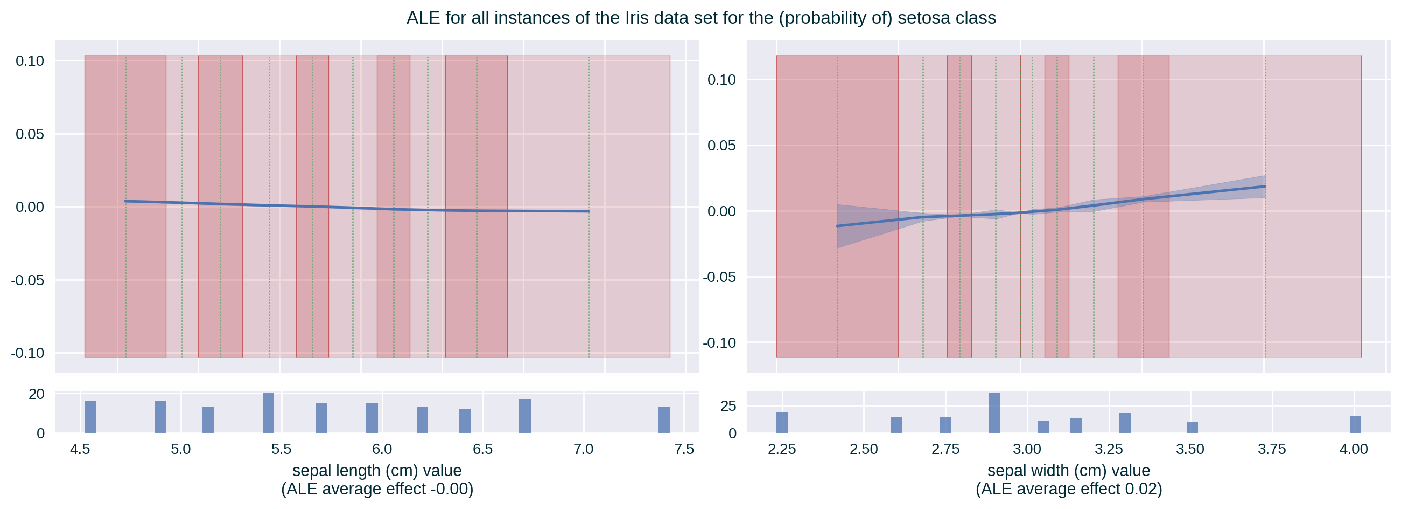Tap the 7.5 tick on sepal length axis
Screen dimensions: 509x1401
[x=684, y=449]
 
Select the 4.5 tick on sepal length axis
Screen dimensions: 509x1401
[x=80, y=449]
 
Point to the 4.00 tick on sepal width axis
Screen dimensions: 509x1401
[x=1353, y=449]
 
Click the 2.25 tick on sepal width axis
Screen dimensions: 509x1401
[x=782, y=449]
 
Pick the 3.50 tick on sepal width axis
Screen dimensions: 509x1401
[x=1190, y=449]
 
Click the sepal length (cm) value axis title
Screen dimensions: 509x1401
[x=377, y=470]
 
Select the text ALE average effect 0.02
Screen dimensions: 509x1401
[x=1069, y=489]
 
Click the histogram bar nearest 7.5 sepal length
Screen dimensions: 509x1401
[x=663, y=420]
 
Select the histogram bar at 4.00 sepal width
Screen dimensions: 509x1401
[x=1355, y=425]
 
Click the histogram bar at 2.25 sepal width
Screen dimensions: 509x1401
[x=782, y=422]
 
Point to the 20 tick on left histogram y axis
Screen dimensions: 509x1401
[x=37, y=394]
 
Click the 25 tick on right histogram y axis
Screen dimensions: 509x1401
[x=728, y=406]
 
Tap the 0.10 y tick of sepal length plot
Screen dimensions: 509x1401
[x=30, y=60]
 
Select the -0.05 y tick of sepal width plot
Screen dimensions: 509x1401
[x=719, y=277]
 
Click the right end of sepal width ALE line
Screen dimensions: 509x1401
[x=1265, y=187]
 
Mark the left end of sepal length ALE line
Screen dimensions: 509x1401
[x=125, y=201]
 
